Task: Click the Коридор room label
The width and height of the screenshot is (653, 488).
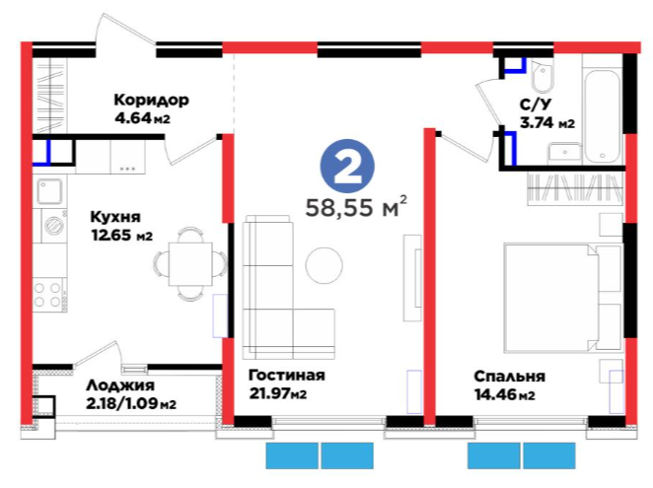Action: tap(152, 101)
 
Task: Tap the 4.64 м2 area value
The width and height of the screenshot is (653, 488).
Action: tap(142, 118)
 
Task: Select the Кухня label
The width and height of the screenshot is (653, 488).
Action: tap(115, 217)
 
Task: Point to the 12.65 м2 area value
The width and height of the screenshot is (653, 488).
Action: tap(122, 236)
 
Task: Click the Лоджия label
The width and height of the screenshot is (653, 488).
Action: tap(120, 386)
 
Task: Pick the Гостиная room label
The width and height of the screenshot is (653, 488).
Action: tap(286, 376)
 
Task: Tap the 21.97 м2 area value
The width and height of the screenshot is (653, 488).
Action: tap(278, 393)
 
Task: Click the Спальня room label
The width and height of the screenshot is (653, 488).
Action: tap(509, 377)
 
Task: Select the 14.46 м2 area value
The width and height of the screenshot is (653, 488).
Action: tap(505, 394)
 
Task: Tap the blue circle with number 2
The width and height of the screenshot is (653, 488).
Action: tap(347, 167)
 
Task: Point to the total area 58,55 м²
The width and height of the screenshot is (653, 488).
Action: tap(356, 207)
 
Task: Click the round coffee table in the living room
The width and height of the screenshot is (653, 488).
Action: tap(324, 265)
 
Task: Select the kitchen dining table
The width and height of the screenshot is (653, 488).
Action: tap(190, 264)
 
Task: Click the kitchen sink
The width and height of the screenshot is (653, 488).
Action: tap(50, 191)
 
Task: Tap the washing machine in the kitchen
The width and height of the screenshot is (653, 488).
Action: tap(53, 226)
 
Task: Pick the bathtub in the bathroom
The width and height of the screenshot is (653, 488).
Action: tap(603, 116)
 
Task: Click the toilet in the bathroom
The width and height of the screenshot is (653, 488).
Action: tap(543, 77)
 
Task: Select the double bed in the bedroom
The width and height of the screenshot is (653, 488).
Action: tap(562, 298)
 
